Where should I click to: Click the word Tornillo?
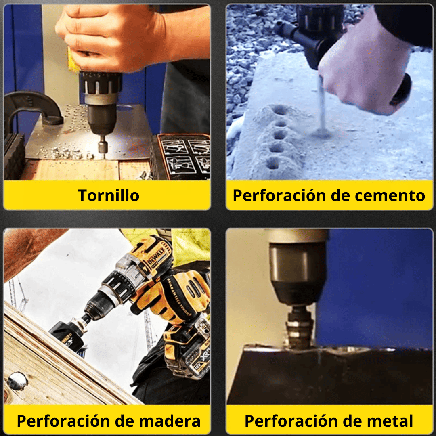[109, 196]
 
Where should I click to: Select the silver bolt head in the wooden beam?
[17, 380]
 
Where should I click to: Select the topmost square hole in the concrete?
[278, 109]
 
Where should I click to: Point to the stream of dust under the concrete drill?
[322, 109]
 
